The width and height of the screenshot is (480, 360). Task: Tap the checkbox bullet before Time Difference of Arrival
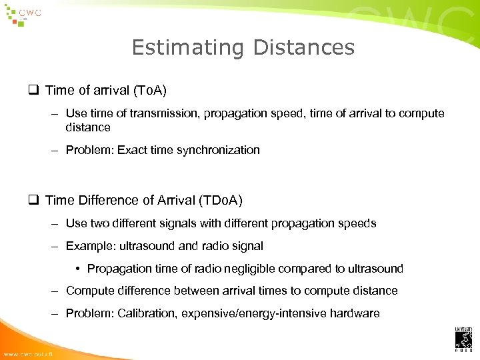pos(35,200)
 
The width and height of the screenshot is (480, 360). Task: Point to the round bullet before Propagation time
pos(79,269)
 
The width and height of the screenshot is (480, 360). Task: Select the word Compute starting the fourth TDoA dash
pos(89,291)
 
